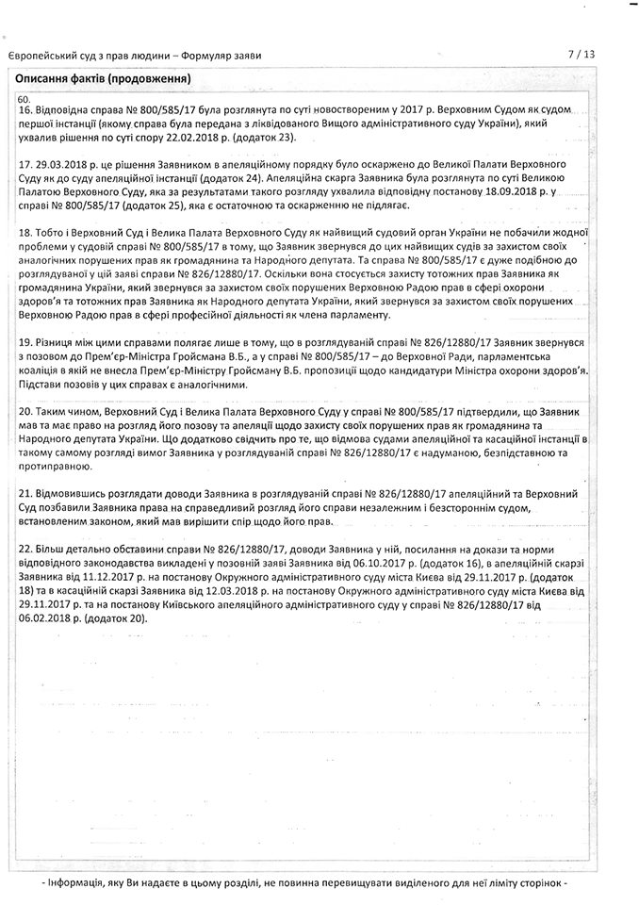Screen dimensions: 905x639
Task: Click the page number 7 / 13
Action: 582,55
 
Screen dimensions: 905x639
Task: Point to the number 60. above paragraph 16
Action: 24,99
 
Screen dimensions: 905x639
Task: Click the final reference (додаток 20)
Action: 117,611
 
